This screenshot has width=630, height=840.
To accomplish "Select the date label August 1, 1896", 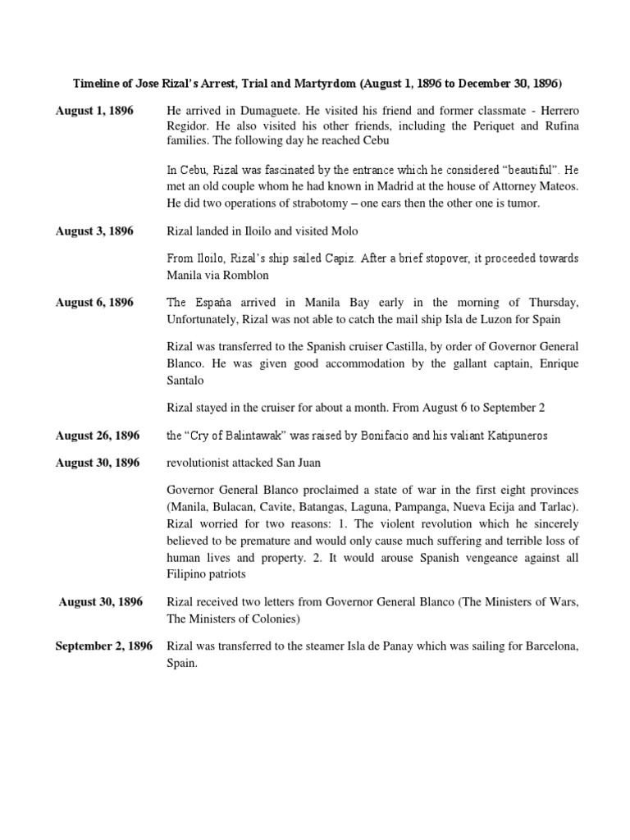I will tap(94, 110).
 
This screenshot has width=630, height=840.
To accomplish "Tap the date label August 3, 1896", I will tap(94, 231).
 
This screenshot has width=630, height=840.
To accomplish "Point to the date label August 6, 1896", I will tap(94, 303).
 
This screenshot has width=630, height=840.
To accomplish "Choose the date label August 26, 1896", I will tap(98, 435).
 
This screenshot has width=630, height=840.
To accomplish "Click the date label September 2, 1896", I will tap(104, 646).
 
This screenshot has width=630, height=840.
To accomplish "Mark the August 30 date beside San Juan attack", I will tap(98, 463).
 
